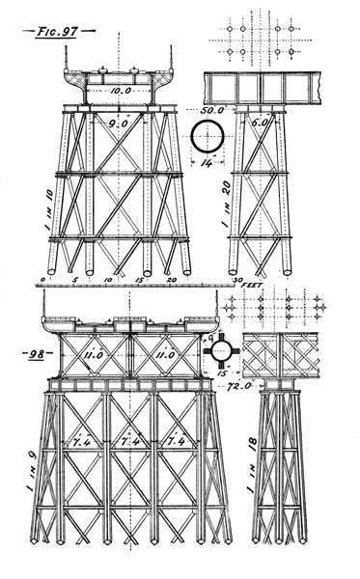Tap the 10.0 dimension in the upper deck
tap(119, 91)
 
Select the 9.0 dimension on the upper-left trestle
tap(117, 124)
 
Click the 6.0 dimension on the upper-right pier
tap(258, 124)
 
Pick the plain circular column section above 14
tap(207, 137)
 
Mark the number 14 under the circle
tap(207, 163)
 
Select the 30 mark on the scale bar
tap(236, 280)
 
